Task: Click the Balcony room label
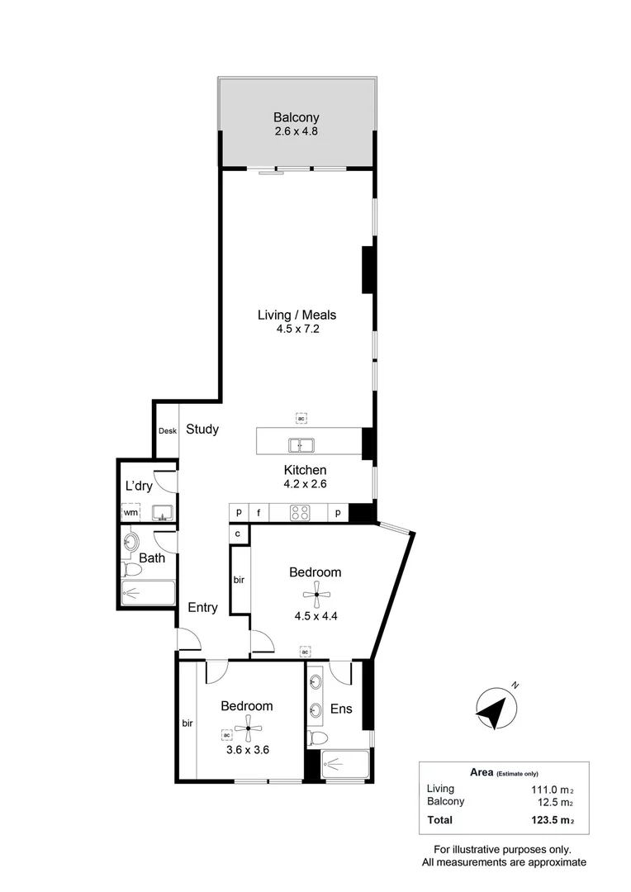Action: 296,117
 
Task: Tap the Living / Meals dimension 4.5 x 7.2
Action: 297,329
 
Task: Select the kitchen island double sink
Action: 301,445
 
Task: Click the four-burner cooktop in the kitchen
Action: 300,513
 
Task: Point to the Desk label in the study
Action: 168,430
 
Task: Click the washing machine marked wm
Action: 130,511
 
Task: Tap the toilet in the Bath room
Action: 132,570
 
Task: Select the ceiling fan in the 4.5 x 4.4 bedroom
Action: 315,595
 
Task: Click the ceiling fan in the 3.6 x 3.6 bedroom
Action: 249,728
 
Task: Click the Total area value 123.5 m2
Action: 548,820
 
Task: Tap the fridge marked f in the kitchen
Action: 259,513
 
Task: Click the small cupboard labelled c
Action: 238,534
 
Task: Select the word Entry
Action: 202,608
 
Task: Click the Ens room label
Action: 341,709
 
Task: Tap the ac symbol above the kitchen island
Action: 301,418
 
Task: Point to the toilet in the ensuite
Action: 317,738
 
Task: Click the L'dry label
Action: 139,486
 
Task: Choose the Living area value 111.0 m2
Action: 552,790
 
